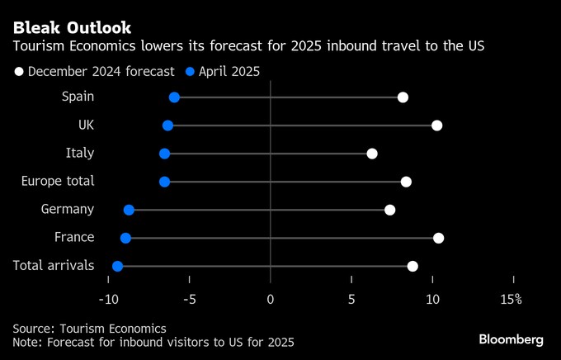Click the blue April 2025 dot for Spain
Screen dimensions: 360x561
[174, 97]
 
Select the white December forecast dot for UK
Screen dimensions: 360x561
[437, 126]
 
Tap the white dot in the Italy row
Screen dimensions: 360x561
[372, 154]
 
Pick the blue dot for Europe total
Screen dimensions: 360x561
[164, 182]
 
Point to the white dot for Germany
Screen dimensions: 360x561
[390, 210]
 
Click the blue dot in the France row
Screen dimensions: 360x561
[125, 238]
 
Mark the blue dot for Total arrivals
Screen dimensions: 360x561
[117, 266]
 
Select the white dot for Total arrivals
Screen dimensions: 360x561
[412, 266]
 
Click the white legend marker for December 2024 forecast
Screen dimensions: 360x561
[19, 72]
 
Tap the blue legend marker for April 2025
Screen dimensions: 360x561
[190, 72]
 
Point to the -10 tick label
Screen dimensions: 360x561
[108, 299]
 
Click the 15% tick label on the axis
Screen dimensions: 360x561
[511, 299]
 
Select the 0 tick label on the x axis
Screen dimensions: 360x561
[271, 299]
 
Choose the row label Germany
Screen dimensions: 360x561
[68, 210]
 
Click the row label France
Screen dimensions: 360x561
[74, 238]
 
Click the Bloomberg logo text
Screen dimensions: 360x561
[511, 339]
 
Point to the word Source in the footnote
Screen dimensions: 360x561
[33, 328]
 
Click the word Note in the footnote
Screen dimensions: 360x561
[27, 342]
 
